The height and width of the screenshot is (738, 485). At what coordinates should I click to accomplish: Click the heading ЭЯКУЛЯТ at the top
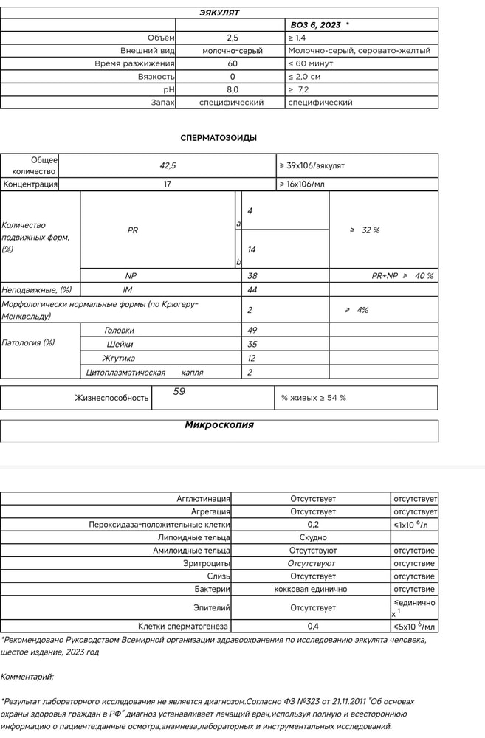click(x=219, y=13)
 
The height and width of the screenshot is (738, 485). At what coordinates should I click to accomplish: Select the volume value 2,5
click(x=233, y=38)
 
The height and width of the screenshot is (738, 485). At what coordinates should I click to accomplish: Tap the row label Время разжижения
click(x=135, y=63)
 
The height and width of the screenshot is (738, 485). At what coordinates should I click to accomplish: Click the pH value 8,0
click(x=233, y=89)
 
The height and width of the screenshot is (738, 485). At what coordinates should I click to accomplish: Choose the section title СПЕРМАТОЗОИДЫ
click(x=219, y=137)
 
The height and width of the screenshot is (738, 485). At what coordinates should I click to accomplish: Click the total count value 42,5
click(x=168, y=166)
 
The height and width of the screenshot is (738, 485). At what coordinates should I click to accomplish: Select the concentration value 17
click(x=167, y=184)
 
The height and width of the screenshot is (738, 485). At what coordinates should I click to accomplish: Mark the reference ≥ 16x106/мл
click(x=302, y=184)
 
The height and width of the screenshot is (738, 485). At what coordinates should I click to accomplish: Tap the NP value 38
click(x=252, y=275)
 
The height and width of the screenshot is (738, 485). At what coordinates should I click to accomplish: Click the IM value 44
click(x=252, y=290)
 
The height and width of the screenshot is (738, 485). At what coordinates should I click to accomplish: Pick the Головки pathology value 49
click(x=252, y=331)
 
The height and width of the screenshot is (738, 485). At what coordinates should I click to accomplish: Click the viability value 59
click(x=179, y=392)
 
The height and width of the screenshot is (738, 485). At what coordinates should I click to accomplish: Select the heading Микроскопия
click(x=219, y=425)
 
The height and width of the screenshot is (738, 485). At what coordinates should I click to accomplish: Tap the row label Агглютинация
click(x=203, y=500)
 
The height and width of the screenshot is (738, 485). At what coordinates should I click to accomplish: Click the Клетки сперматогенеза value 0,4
click(x=313, y=627)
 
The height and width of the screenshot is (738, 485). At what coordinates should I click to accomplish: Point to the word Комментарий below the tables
click(x=27, y=676)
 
